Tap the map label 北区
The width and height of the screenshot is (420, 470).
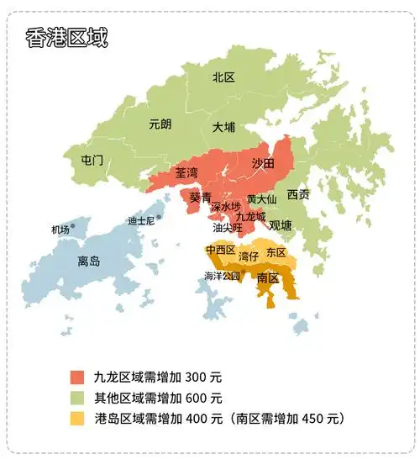pos(223,77)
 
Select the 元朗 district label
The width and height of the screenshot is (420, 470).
pos(160,124)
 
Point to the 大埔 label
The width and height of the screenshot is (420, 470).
pos(223,128)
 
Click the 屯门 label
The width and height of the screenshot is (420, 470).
pos(92,160)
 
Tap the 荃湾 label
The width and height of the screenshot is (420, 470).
pos(186,173)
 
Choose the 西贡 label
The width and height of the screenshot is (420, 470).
pos(298,194)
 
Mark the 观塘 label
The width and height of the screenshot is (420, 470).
pos(281,225)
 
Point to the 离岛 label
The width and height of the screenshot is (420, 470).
pos(88,261)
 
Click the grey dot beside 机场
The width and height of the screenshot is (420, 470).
pos(73,225)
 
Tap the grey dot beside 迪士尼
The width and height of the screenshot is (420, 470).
pos(158,216)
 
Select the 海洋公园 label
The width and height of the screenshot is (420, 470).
pos(222,276)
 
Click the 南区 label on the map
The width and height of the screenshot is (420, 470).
pos(268,277)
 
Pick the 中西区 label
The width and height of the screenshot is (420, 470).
pos(220,251)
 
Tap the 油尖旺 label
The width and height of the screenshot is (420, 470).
pos(227,228)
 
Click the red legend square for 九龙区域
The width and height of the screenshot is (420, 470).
pos(78,377)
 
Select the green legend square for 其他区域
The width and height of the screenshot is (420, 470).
pos(78,398)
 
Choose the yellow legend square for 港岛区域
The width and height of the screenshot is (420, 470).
pos(78,418)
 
